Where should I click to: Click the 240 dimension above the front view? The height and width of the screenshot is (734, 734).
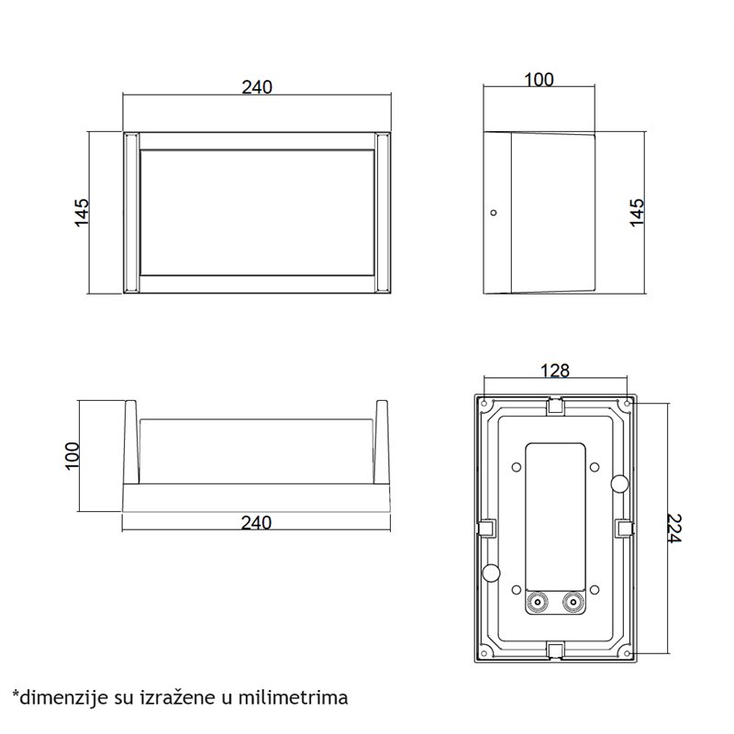coord(257,87)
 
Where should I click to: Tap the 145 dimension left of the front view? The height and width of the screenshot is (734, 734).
coord(82,213)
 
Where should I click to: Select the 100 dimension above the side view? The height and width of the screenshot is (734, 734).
coord(539,80)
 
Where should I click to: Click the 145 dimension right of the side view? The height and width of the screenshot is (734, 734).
coord(637,213)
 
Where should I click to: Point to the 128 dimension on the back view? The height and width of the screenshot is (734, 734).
coord(555,371)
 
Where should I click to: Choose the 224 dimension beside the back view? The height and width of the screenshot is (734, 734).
coord(674,528)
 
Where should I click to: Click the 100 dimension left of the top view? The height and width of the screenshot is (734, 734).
coord(72,455)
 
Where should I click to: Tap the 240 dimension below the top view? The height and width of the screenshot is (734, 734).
coord(257,522)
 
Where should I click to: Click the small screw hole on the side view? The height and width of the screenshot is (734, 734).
coord(493,213)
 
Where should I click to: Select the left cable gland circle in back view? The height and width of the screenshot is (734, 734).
coord(538,602)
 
